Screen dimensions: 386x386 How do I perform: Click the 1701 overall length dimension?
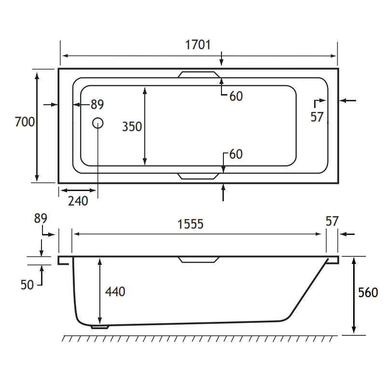pos(198,45)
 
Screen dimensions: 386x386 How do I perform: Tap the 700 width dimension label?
pos(25,122)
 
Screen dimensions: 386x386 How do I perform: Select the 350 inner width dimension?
pos(132,126)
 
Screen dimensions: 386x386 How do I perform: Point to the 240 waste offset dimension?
pos(78,201)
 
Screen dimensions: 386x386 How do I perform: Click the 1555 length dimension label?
pos(191,224)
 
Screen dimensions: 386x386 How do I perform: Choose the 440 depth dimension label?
pos(115,292)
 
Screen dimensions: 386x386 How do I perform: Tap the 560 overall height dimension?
pos(368,293)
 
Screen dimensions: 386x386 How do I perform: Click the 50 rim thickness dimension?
pos(27,285)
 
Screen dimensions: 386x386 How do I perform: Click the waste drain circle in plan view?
pos(98,123)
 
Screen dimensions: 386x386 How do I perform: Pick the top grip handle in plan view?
pos(199,74)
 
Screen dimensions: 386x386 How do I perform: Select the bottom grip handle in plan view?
pos(198,176)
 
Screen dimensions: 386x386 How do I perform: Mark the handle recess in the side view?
pos(198,260)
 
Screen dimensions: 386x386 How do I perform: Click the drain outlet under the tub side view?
pos(100,327)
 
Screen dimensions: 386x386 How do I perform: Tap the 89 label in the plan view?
pos(97,104)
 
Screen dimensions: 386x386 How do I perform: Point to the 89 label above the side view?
pos(41,219)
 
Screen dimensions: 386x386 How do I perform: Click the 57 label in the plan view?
pos(317,117)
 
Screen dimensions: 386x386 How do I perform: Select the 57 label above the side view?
pos(332,221)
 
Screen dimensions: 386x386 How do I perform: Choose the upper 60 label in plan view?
pos(236,96)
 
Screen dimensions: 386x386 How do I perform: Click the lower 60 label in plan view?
pos(236,154)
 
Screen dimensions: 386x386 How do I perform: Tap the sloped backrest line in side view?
pos(309,288)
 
